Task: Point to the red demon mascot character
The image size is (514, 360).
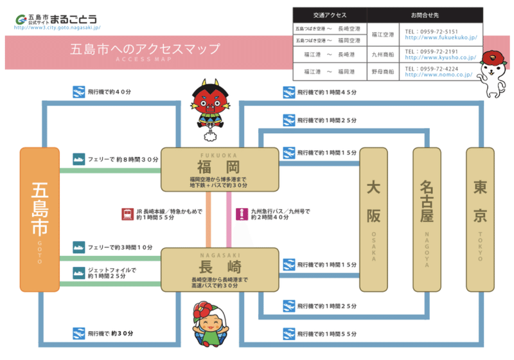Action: coord(209,107)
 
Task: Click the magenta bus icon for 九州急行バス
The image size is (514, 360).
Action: coord(241,213)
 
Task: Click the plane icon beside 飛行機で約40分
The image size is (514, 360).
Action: coord(79,91)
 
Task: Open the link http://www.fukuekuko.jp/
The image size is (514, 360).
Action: coord(440,39)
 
